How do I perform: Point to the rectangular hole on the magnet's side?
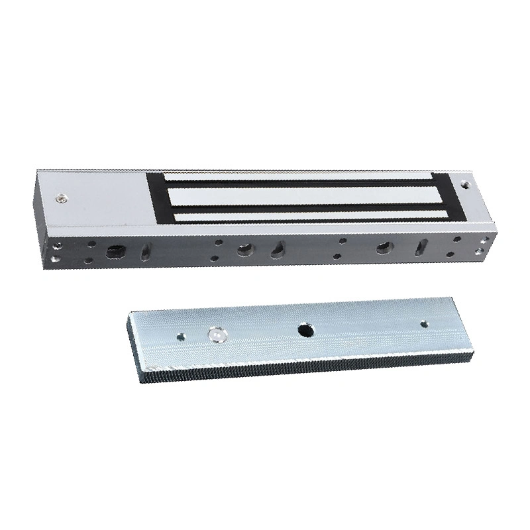tap(113, 250)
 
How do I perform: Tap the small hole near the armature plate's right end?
tap(425, 325)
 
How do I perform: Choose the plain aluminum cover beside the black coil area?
tap(99, 199)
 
